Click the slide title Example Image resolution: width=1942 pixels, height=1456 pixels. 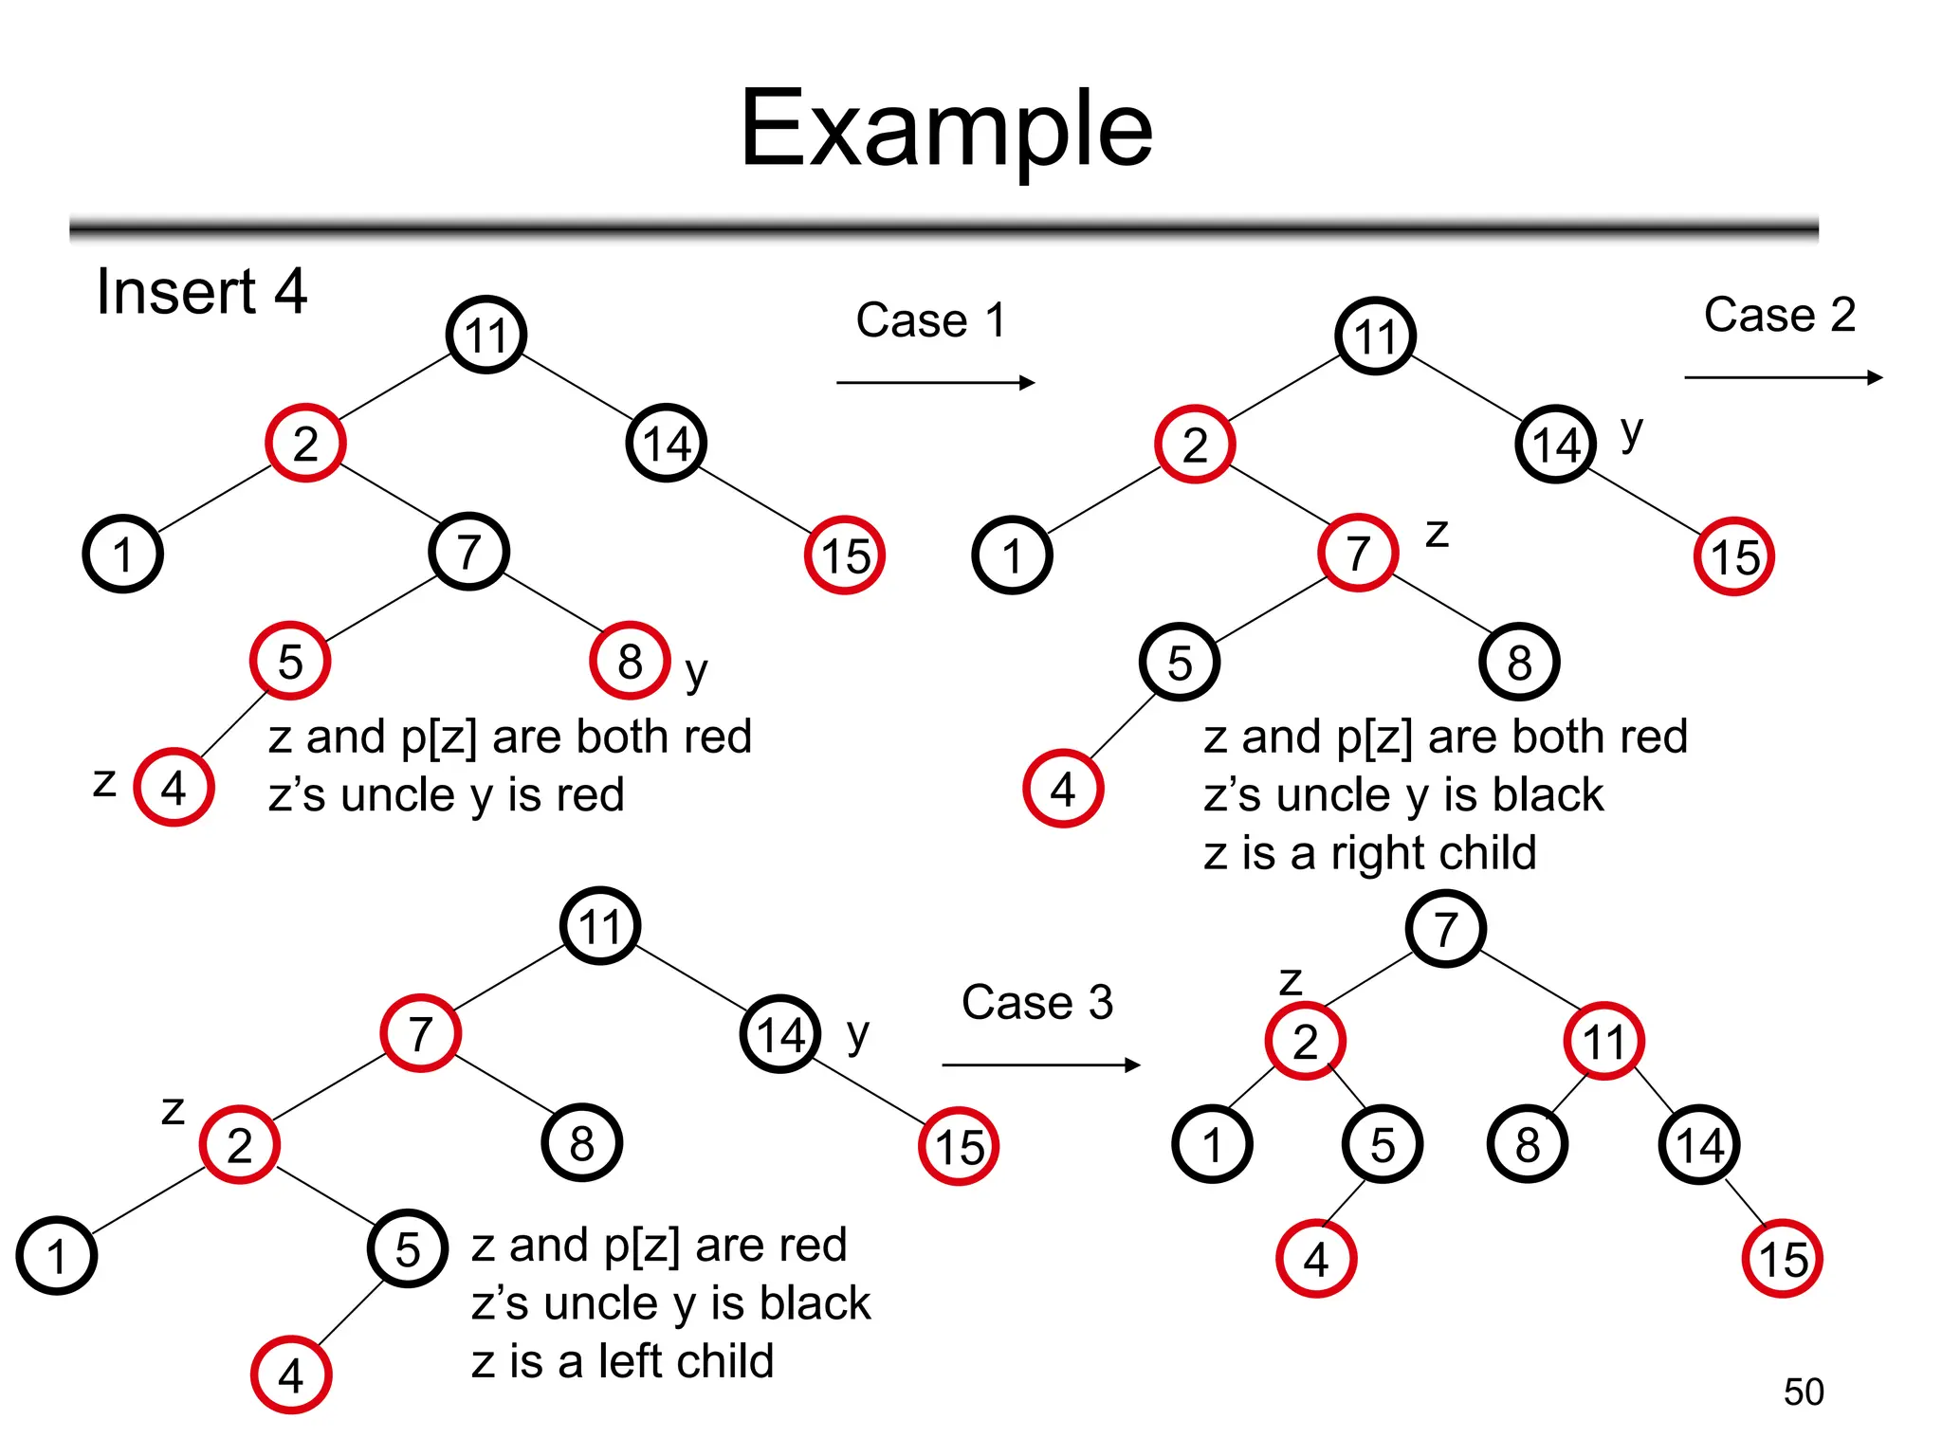945,129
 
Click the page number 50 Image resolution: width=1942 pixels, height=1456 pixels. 1803,1392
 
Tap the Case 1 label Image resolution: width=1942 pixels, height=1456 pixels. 929,320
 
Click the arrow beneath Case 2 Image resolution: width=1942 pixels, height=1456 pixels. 1783,377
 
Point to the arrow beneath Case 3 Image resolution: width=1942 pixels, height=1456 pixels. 1040,1065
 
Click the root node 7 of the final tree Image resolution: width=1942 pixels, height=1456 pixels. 1445,929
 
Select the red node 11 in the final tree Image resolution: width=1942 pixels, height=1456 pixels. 1603,1042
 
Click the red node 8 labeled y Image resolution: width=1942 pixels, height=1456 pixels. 630,662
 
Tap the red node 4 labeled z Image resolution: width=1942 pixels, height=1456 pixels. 174,788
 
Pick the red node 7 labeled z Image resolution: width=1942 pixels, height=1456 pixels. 1358,554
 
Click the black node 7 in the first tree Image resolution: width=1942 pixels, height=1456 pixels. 468,552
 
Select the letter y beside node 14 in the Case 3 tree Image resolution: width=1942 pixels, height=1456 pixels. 857,1035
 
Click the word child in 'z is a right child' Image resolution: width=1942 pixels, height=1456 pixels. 1485,852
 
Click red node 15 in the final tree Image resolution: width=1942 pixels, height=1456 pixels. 1783,1259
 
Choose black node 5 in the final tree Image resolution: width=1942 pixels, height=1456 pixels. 1382,1145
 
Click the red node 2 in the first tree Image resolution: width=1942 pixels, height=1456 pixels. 305,444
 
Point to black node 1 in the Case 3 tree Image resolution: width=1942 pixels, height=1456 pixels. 57,1256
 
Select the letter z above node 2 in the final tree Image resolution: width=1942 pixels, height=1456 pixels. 1291,982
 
